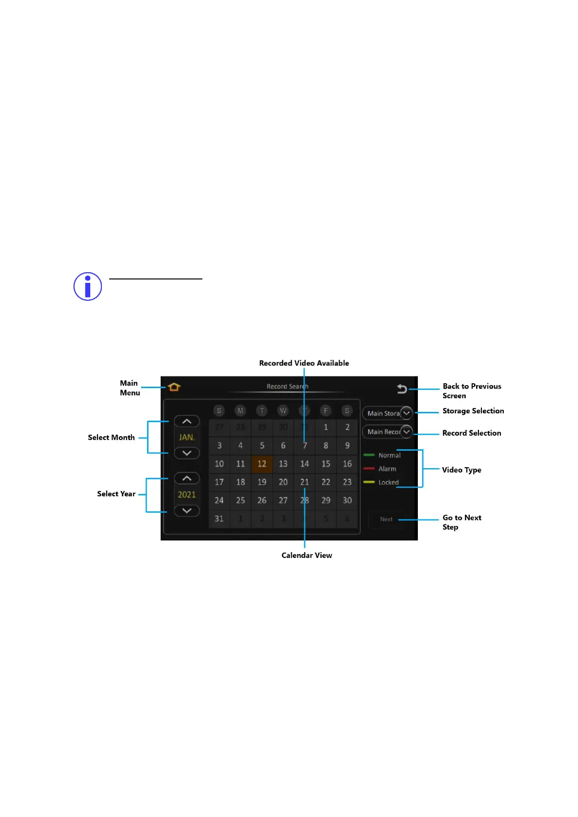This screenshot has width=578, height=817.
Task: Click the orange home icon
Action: [174, 387]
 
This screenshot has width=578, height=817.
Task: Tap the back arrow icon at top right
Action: [402, 389]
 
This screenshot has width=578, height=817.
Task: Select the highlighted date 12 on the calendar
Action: [262, 464]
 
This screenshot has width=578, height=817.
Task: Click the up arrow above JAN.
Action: [187, 422]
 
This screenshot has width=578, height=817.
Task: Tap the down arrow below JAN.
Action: [187, 453]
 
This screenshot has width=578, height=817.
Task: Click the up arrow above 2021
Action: [187, 478]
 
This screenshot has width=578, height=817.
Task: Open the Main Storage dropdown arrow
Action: [406, 413]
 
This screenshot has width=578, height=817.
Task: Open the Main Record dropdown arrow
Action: [406, 432]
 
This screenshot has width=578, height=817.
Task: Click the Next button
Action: [386, 519]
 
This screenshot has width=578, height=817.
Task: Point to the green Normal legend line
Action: [369, 455]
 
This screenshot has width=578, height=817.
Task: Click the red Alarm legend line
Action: [369, 469]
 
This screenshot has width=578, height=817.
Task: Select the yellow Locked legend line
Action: [369, 482]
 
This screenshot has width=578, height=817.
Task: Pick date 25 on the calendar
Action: [240, 500]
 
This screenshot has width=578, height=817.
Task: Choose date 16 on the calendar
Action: [347, 464]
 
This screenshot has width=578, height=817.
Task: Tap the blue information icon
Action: [87, 286]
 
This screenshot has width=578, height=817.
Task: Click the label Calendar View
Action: [307, 556]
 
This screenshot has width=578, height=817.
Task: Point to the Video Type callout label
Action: [462, 470]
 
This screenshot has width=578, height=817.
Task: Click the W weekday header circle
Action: [283, 410]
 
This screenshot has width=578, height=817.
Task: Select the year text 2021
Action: [187, 494]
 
